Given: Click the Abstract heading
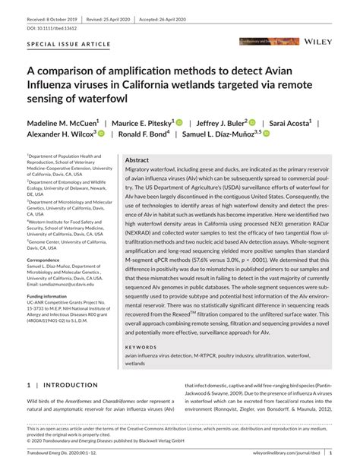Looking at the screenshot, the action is pyautogui.click(x=137, y=161).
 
